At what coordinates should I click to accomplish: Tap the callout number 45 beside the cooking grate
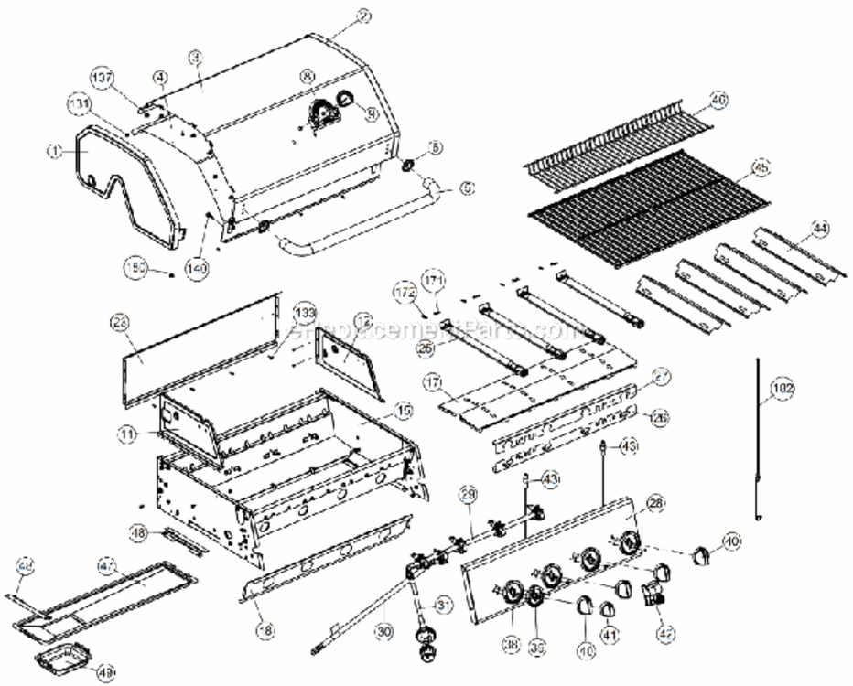[x=759, y=168]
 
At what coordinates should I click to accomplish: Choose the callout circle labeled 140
[x=196, y=269]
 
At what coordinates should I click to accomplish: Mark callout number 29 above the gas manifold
[x=469, y=495]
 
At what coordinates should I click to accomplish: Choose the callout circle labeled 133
[x=306, y=313]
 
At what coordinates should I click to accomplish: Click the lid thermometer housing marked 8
[x=321, y=114]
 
